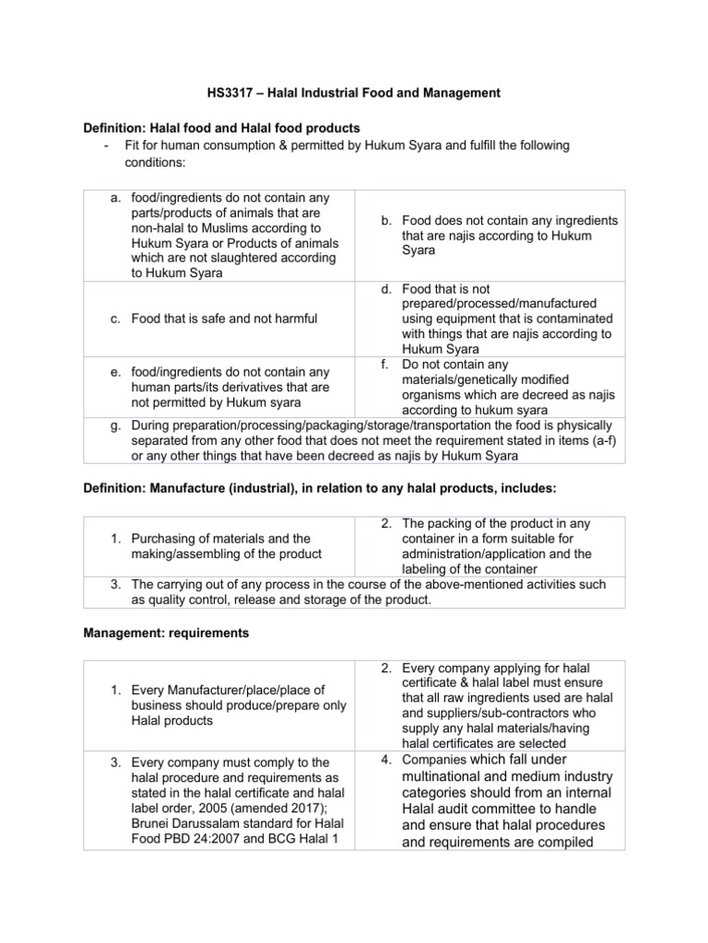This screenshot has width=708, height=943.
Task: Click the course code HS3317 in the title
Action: click(227, 92)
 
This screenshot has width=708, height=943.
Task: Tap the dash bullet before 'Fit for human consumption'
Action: click(109, 146)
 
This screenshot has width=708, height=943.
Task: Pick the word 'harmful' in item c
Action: click(294, 319)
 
